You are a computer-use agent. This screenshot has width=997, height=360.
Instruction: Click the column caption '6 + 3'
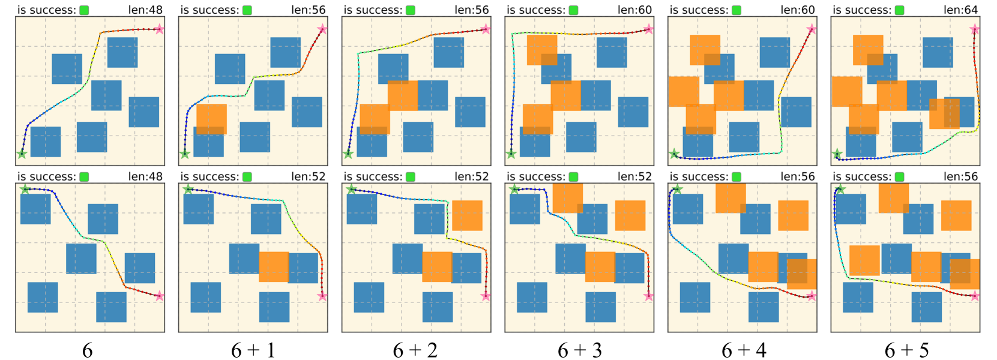tap(579, 350)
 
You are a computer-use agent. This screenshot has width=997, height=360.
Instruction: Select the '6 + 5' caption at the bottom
tap(906, 350)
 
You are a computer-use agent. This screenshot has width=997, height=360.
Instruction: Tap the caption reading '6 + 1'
tap(253, 350)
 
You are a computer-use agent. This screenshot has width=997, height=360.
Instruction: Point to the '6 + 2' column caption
tap(415, 350)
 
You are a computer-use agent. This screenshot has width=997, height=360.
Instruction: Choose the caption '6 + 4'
tap(743, 350)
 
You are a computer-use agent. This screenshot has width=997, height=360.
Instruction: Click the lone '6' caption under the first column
tap(88, 350)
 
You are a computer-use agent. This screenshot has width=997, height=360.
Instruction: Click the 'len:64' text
tap(960, 10)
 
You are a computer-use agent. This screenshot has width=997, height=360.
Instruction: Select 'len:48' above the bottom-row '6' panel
tap(145, 176)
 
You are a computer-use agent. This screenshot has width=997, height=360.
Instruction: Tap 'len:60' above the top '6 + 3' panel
tap(634, 10)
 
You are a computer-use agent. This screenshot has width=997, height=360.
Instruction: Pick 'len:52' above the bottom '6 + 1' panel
tap(309, 176)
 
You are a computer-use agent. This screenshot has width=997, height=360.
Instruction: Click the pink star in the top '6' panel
tap(159, 29)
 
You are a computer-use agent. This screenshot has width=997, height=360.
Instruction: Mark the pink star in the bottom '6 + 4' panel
tap(812, 296)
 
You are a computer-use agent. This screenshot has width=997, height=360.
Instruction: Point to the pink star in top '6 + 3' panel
tap(648, 29)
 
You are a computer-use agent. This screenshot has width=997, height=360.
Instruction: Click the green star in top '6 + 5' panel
tap(837, 155)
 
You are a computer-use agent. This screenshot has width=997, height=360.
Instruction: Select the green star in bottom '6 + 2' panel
tap(351, 190)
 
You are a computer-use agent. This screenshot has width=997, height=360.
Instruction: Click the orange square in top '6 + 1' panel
tap(211, 119)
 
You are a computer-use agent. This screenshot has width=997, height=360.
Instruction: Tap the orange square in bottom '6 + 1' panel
tap(274, 267)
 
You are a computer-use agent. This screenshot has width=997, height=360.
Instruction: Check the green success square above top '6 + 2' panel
tap(411, 10)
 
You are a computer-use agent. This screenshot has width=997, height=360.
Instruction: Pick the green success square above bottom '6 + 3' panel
tap(574, 177)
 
